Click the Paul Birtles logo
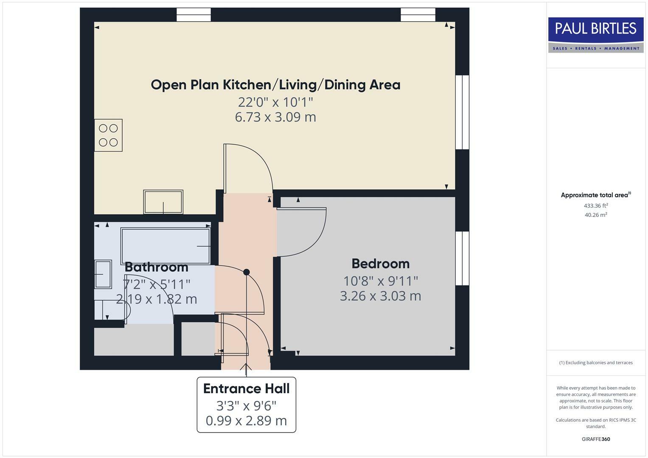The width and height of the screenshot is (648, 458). pos(595,35)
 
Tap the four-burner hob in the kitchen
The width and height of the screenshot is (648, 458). pos(108,135)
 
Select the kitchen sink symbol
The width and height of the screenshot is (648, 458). pos(163,202)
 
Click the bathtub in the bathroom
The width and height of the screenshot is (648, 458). pos(166,246)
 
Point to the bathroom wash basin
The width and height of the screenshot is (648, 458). pos(103,274)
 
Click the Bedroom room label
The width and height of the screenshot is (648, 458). pos(380,264)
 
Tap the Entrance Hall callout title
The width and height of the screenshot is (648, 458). pos(246,388)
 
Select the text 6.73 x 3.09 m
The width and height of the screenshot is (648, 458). pos(275,117)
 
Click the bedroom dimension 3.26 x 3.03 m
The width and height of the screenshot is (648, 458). pos(380,296)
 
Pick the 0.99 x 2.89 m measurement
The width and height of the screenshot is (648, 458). pos(246,421)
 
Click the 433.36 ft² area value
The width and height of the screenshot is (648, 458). pos(595,206)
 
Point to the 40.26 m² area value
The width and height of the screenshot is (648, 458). pos(595,215)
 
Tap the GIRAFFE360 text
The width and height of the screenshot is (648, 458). pos(595,439)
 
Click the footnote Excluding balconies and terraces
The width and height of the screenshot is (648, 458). pos(595,363)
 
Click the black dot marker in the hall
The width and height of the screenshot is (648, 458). pos(247,272)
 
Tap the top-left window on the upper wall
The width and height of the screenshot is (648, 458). pos(194,15)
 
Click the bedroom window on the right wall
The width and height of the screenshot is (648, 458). pos(462,258)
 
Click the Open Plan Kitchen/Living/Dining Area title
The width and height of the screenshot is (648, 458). pos(275,85)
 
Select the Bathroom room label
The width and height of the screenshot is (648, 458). pos(156,267)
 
